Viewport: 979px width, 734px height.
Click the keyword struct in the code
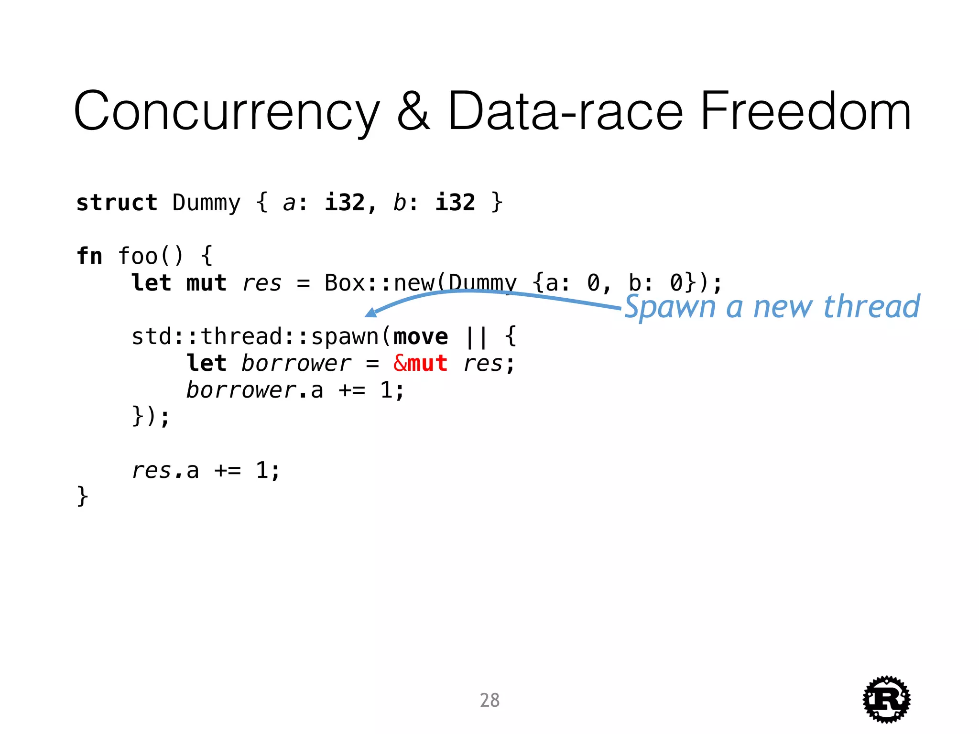(x=117, y=203)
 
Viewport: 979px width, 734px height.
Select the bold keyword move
(x=421, y=337)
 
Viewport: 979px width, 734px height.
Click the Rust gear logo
(x=886, y=699)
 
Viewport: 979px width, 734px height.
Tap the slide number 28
(x=489, y=700)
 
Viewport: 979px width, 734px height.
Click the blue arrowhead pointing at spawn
(x=371, y=313)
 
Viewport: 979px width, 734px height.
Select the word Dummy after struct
(x=206, y=203)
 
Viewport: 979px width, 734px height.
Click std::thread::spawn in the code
(x=255, y=337)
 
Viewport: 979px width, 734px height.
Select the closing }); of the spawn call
(x=151, y=416)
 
